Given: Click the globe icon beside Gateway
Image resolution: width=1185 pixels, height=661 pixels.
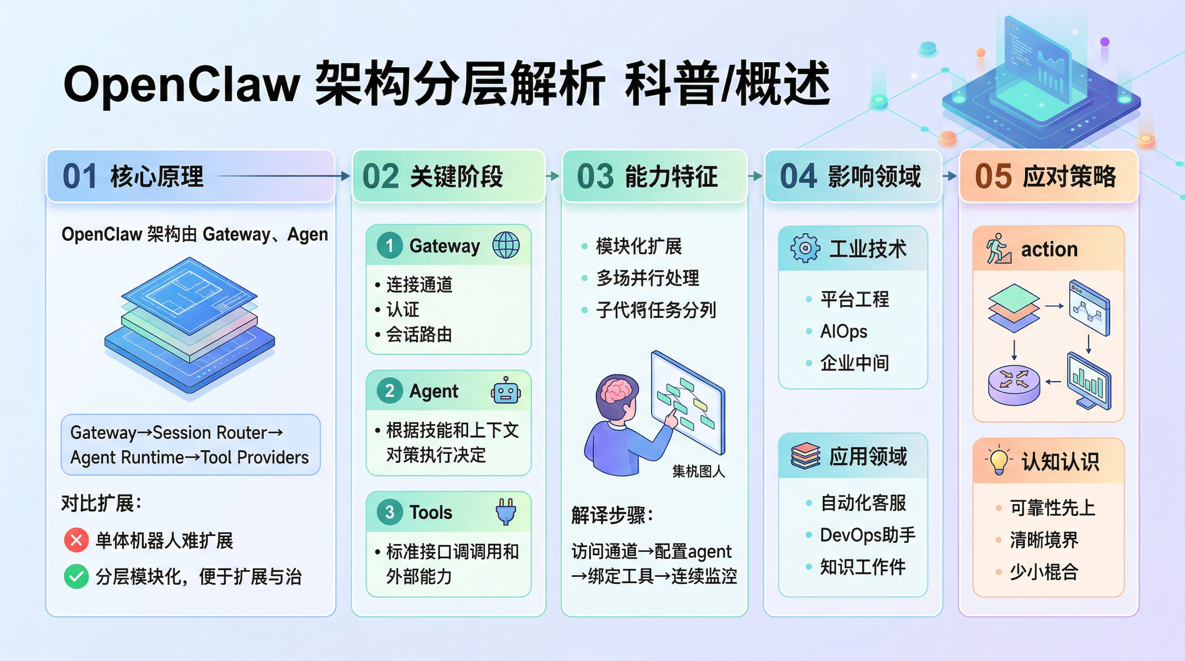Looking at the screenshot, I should [506, 245].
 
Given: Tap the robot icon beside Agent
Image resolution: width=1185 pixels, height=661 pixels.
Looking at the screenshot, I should [506, 391].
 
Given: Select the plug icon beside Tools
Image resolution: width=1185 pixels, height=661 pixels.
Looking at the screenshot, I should [506, 512].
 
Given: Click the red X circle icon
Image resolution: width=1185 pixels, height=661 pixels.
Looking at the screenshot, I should [76, 540].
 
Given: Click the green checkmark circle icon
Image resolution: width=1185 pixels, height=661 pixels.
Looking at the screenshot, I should [76, 576].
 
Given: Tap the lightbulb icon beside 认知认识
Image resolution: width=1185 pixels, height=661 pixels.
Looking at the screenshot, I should [999, 460].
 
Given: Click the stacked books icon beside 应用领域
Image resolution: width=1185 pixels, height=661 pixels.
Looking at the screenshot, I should [805, 456].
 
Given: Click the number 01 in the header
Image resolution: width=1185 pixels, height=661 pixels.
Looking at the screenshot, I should [80, 176].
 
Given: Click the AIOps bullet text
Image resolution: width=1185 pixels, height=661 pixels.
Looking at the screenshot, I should [843, 331].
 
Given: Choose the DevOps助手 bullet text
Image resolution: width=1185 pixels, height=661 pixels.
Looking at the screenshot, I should [867, 535].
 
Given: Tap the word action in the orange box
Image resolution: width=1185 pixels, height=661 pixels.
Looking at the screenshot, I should [1049, 250].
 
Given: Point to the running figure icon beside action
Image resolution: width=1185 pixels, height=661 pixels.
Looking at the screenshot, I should [998, 249].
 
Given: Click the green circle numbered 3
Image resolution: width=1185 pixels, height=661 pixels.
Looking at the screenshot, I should [389, 512].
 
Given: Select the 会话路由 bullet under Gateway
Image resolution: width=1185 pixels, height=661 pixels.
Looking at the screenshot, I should [419, 335].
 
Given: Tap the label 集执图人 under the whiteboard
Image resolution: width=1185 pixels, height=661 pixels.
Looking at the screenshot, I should [698, 471].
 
